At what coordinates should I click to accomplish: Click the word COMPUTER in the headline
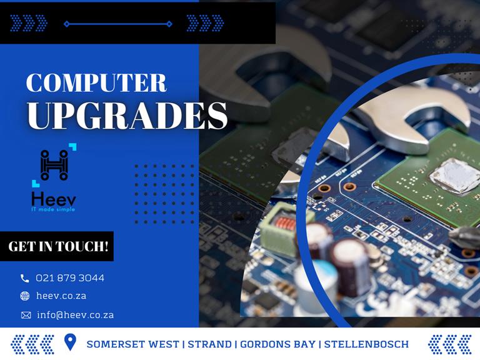[96, 82]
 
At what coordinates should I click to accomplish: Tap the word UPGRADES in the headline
[127, 116]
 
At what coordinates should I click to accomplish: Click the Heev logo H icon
[54, 165]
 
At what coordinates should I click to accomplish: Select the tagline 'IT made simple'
[53, 209]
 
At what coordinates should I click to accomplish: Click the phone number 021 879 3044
[70, 278]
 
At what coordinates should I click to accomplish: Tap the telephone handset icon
[24, 278]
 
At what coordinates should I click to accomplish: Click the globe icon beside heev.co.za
[25, 296]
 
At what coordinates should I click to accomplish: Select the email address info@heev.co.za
[75, 315]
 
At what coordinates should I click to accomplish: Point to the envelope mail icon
[26, 315]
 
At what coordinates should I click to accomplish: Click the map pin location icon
[71, 342]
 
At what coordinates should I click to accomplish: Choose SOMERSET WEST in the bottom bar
[133, 344]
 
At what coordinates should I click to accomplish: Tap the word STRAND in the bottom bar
[210, 344]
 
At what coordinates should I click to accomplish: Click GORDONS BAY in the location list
[277, 344]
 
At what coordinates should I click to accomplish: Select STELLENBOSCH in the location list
[366, 344]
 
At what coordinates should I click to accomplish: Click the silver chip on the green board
[455, 177]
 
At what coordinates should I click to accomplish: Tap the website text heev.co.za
[61, 296]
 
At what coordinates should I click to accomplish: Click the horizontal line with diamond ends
[118, 24]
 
